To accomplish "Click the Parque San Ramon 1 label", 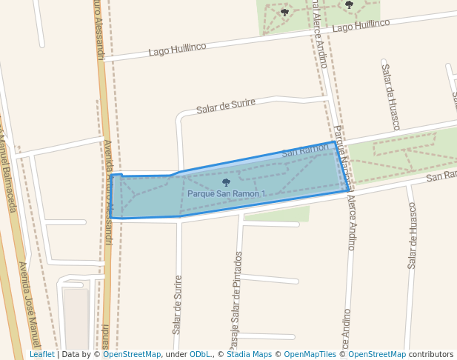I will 226,194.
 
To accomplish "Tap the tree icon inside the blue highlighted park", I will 226,182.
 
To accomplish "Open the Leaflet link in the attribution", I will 42,355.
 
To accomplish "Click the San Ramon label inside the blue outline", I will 305,150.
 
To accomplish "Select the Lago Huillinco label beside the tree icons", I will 361,26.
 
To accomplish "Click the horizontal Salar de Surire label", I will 226,107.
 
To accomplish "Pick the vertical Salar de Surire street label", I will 177,304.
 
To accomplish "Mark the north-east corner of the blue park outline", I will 333,142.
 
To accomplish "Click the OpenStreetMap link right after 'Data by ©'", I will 132,355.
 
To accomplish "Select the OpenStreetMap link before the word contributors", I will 377,355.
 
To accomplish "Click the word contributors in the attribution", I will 430,355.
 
